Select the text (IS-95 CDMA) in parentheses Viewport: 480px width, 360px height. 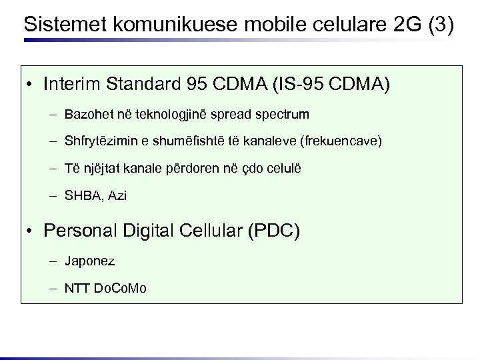(329, 85)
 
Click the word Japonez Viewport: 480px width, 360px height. (89, 261)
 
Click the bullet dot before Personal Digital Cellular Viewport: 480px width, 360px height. (31, 232)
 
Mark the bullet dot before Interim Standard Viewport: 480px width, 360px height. (31, 85)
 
